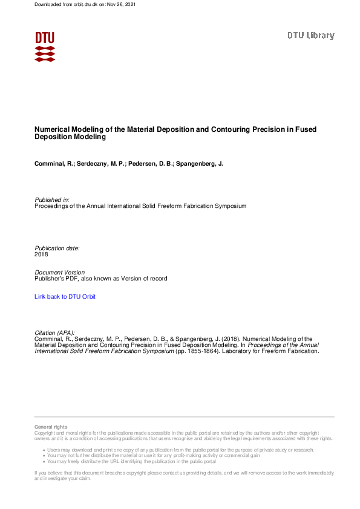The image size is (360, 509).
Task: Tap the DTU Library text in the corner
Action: [310, 36]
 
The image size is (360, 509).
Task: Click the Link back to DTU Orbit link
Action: [65, 297]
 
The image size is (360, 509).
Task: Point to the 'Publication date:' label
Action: [57, 248]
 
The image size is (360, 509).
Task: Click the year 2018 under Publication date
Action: [41, 254]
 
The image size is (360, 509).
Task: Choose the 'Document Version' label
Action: [59, 273]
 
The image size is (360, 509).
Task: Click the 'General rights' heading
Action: [51, 427]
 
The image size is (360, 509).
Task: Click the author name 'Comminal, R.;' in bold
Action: [54, 164]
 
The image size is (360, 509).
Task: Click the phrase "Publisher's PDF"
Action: [56, 279]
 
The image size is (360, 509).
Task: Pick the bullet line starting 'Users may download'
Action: [180, 450]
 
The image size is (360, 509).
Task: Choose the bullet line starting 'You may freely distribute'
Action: [131, 461]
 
